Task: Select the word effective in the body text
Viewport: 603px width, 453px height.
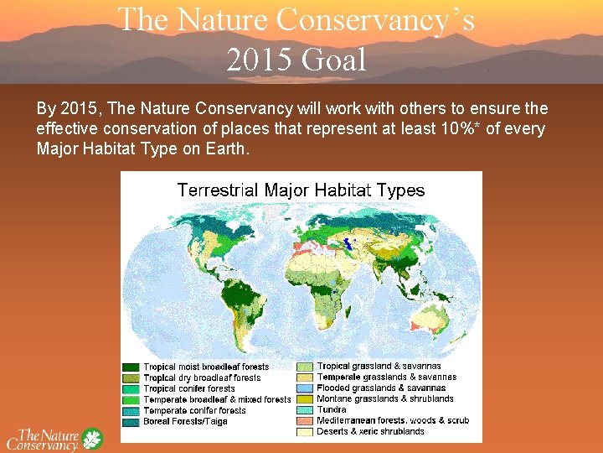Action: click(64, 129)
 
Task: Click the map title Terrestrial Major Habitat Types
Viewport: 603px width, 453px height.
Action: click(301, 190)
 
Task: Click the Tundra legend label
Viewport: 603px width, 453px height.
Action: click(332, 410)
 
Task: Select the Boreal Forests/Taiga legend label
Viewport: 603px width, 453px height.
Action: click(185, 421)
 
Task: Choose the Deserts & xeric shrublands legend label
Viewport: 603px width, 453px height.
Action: click(370, 432)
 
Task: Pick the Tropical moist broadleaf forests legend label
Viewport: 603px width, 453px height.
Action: click(206, 367)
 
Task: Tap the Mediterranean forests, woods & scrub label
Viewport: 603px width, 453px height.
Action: click(393, 421)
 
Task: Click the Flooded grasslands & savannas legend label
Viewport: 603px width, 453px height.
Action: click(381, 388)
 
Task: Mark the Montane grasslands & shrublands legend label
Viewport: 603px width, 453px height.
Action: click(385, 399)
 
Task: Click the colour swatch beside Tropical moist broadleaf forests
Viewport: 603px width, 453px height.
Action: click(131, 367)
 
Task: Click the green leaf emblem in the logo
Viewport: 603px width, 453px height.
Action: click(91, 439)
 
